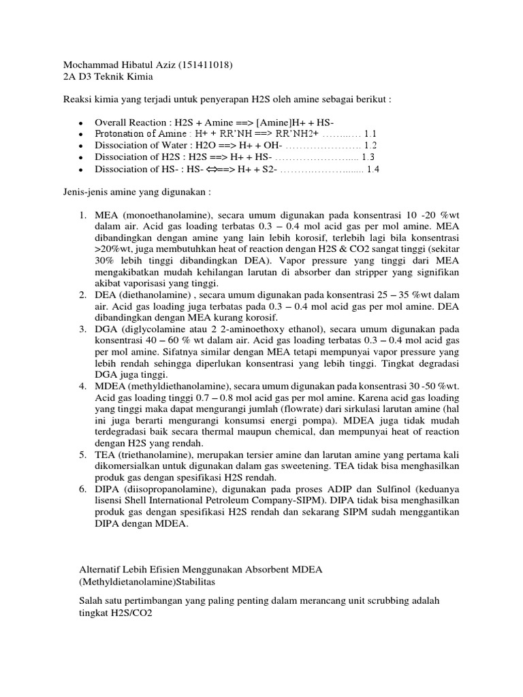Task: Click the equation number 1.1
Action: [x=370, y=133]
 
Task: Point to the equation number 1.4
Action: [x=374, y=169]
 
